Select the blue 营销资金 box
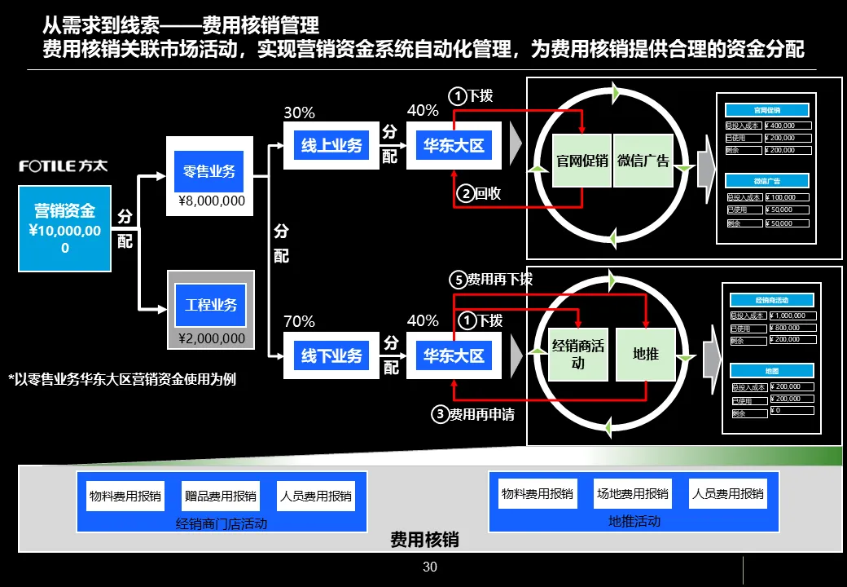tap(65, 228)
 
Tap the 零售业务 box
tap(210, 171)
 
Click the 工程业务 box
tap(210, 305)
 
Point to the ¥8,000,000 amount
tap(212, 201)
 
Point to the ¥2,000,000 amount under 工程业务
tap(212, 338)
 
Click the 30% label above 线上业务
tap(299, 113)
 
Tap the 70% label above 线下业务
tap(299, 321)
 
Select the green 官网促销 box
tap(582, 161)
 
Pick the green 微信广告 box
tap(643, 161)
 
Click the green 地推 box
tap(646, 354)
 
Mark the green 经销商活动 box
tap(578, 354)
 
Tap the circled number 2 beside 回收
tap(464, 193)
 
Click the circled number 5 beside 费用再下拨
tap(458, 280)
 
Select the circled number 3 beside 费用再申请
tap(440, 414)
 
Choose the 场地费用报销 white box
tap(632, 493)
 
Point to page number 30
tap(430, 567)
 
